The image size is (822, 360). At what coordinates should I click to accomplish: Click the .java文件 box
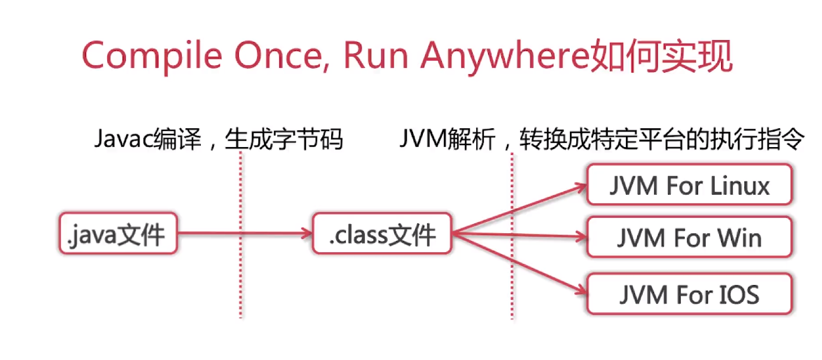pos(117,233)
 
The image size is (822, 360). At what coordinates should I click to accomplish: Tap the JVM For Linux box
pos(689,185)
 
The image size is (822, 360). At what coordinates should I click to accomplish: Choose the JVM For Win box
pos(689,238)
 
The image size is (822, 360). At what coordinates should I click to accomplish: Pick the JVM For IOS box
pos(689,293)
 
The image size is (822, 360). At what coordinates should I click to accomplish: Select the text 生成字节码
pos(284,139)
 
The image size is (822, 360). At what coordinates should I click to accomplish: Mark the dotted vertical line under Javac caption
pos(241,266)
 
